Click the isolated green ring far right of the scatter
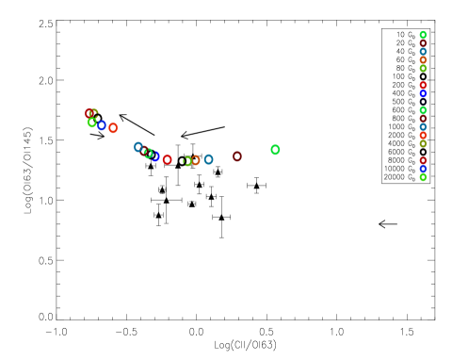coord(275,149)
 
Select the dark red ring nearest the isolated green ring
coord(237,156)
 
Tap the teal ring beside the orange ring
coord(208,159)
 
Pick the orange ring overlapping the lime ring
coord(195,160)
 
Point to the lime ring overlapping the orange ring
coord(187,161)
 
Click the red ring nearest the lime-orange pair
coord(168,159)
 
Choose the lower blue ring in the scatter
coord(155,155)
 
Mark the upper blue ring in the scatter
coord(102,125)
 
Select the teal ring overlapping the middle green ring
coord(138,147)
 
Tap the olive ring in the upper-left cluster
coord(94,112)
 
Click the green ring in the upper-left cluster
coord(92,123)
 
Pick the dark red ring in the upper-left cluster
coord(89,114)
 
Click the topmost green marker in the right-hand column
coord(423,35)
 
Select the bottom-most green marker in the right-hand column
coord(423,177)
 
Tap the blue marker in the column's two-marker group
coord(423,94)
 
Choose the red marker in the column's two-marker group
coord(423,86)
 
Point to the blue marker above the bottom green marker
coord(423,169)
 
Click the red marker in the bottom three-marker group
coord(423,160)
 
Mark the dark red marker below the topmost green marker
coord(423,43)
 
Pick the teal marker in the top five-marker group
coord(423,52)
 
